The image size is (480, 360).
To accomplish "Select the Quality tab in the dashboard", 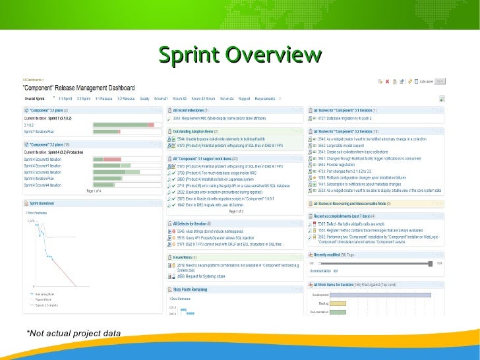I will click(144, 98).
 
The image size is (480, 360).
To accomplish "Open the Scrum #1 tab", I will click(160, 98).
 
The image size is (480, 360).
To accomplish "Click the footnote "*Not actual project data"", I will click(73, 334).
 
